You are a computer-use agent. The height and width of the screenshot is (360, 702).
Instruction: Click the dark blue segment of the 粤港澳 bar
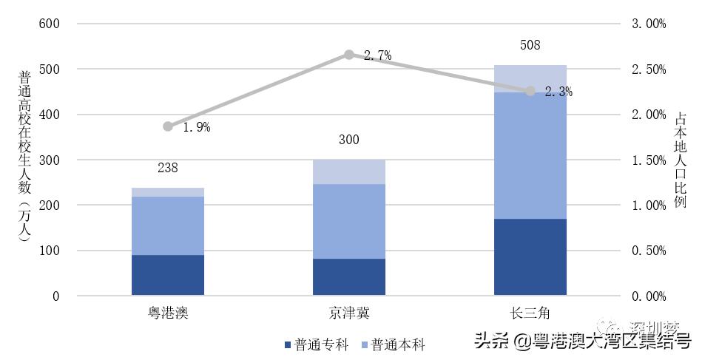[168, 275]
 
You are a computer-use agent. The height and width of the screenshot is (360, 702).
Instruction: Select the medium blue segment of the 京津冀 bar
[349, 220]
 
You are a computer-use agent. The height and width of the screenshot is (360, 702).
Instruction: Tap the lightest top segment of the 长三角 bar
[530, 78]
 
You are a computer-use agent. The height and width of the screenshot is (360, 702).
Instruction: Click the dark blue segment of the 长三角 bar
[530, 257]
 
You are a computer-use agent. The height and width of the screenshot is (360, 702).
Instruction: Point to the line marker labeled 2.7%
[349, 55]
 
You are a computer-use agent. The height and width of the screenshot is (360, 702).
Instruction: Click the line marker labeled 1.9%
[168, 126]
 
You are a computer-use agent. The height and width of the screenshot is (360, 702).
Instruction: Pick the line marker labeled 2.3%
[530, 91]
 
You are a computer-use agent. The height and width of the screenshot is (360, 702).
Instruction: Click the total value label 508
[530, 45]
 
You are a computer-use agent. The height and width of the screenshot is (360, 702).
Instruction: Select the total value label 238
[168, 169]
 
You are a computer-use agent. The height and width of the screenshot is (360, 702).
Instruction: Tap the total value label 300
[349, 140]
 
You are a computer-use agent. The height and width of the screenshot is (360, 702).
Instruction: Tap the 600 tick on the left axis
[48, 24]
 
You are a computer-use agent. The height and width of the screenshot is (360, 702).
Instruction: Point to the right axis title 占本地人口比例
[681, 159]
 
